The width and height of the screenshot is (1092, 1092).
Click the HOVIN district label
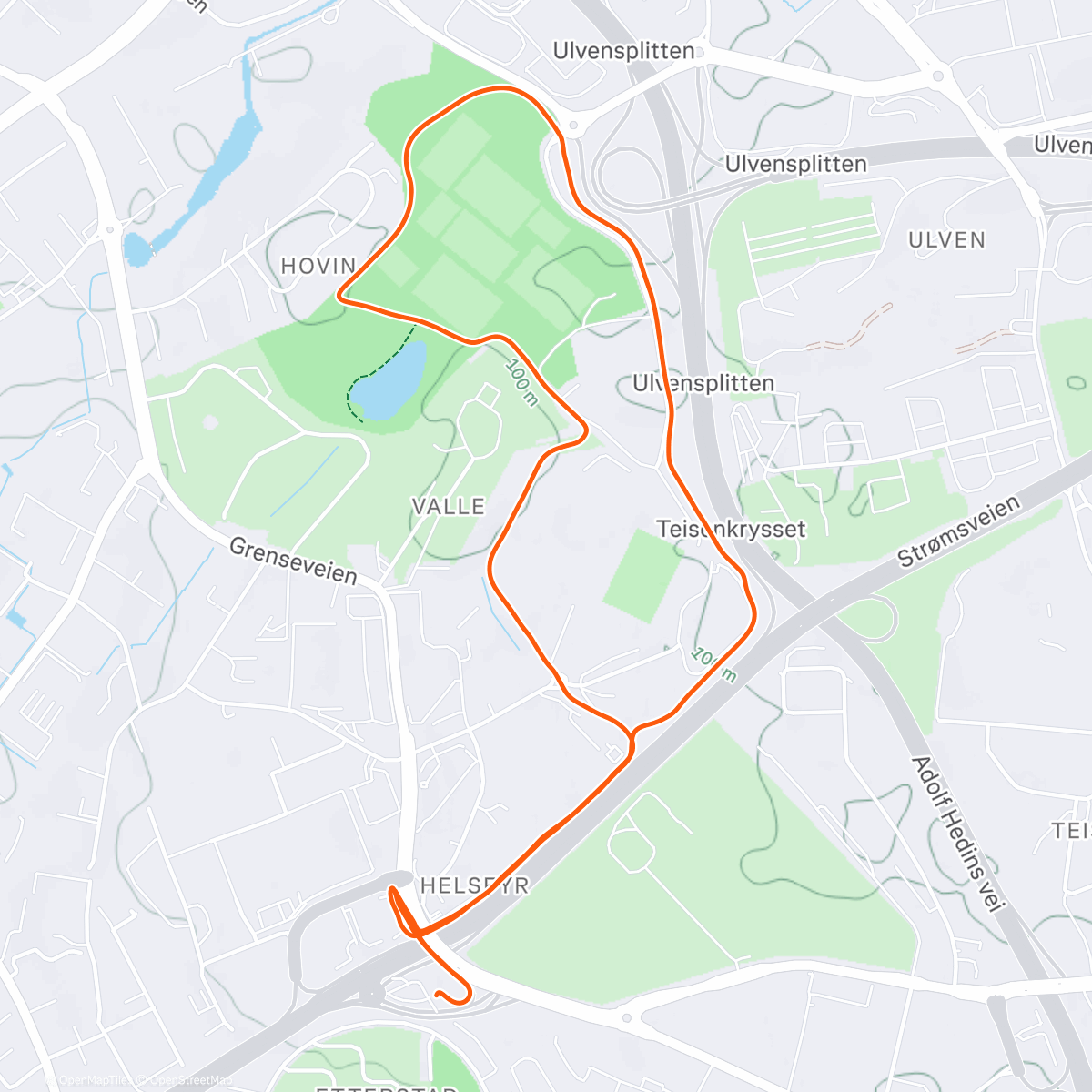[318, 266]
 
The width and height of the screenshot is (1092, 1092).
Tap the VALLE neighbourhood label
[449, 506]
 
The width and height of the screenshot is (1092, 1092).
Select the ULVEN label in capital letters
[946, 240]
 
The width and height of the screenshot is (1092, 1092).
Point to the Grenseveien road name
[293, 561]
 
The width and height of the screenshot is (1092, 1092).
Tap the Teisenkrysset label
[731, 529]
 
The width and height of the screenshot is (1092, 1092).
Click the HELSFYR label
[474, 885]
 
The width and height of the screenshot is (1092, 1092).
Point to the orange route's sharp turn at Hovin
[340, 295]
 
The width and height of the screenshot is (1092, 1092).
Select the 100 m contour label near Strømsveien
[713, 663]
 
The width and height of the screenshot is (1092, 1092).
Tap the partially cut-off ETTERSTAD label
[386, 1087]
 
